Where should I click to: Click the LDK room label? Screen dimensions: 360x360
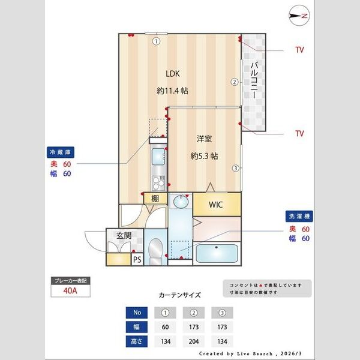click(x=173, y=74)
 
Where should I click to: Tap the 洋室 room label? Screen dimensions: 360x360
click(x=204, y=139)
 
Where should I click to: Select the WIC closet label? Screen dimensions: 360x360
click(x=216, y=205)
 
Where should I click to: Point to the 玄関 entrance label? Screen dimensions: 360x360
click(x=124, y=235)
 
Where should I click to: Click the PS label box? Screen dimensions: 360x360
click(x=137, y=260)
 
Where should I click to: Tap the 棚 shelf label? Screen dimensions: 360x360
click(x=155, y=199)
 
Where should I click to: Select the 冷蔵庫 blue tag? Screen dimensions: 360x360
click(x=61, y=152)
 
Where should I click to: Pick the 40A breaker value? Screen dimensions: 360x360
click(x=71, y=292)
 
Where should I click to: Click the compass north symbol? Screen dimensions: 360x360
click(x=298, y=16)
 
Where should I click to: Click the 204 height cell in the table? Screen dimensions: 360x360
click(x=194, y=343)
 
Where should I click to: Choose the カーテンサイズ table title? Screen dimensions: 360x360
click(x=179, y=295)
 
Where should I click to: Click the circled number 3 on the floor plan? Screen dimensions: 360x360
click(x=236, y=168)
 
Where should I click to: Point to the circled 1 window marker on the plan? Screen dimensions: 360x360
click(x=155, y=41)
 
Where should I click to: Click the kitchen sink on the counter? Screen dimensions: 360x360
click(x=158, y=158)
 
